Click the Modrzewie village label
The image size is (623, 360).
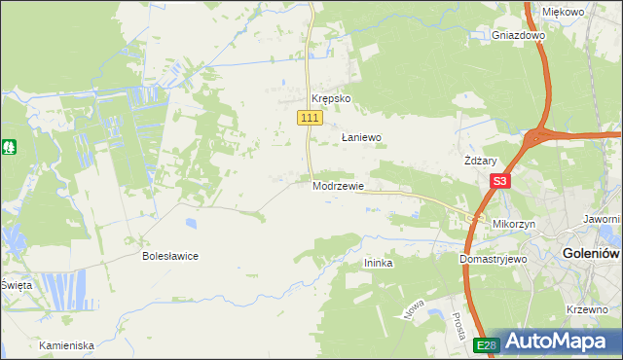pyautogui.click(x=338, y=186)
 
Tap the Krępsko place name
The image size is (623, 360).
pyautogui.click(x=330, y=99)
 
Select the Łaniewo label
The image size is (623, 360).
pyautogui.click(x=360, y=138)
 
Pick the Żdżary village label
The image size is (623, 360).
pyautogui.click(x=481, y=162)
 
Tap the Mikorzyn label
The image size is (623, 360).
pyautogui.click(x=515, y=224)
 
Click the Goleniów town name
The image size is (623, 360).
pyautogui.click(x=591, y=254)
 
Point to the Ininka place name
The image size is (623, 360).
pyautogui.click(x=378, y=263)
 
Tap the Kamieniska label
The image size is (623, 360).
pyautogui.click(x=66, y=345)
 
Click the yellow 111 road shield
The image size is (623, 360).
pyautogui.click(x=309, y=118)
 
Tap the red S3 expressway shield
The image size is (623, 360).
pyautogui.click(x=500, y=181)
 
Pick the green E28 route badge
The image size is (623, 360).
pyautogui.click(x=487, y=345)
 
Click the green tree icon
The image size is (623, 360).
pyautogui.click(x=9, y=147)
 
